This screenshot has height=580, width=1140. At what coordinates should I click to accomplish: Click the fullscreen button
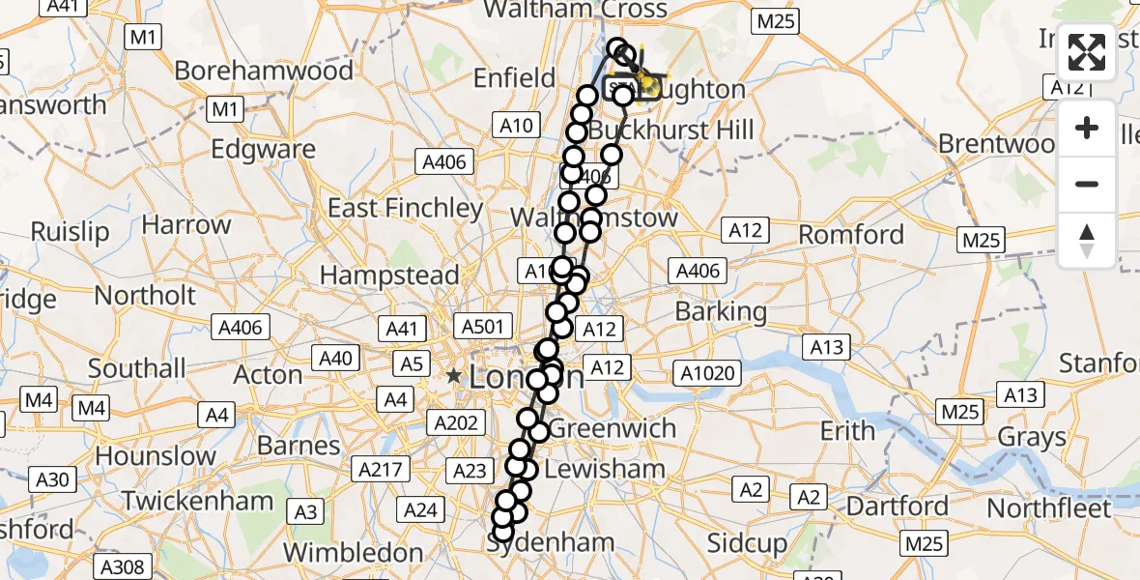click(x=1087, y=54)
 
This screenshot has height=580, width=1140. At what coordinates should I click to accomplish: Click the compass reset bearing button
click(x=1087, y=239)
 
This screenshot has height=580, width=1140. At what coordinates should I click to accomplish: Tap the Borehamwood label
click(x=264, y=71)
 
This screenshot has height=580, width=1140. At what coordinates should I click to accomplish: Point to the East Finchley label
click(x=405, y=208)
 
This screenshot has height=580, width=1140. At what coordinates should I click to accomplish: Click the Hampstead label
click(x=389, y=275)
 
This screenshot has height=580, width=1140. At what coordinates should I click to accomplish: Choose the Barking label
click(x=721, y=311)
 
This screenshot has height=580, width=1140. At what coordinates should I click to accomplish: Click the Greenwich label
click(x=613, y=428)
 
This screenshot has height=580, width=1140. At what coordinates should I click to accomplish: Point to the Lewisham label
click(x=605, y=470)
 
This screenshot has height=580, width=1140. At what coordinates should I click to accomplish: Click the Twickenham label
click(x=198, y=501)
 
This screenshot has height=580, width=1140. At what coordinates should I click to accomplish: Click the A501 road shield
click(x=483, y=327)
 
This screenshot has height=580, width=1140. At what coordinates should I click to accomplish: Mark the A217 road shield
click(x=381, y=470)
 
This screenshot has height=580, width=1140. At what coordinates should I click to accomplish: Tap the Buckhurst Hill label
click(x=670, y=130)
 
